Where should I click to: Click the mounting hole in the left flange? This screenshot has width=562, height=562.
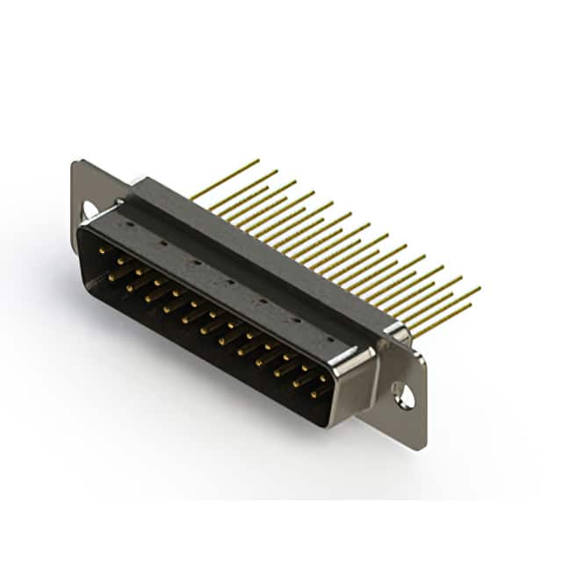pos(89,209)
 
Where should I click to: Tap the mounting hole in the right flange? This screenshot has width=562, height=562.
pos(405,395)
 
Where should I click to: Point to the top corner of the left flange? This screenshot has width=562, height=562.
pos(76,162)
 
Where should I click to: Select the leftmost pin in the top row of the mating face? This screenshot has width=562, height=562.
pos(102,253)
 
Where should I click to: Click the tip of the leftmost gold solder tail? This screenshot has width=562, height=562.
pos(258,161)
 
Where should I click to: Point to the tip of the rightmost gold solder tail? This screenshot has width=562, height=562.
pos(479,287)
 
